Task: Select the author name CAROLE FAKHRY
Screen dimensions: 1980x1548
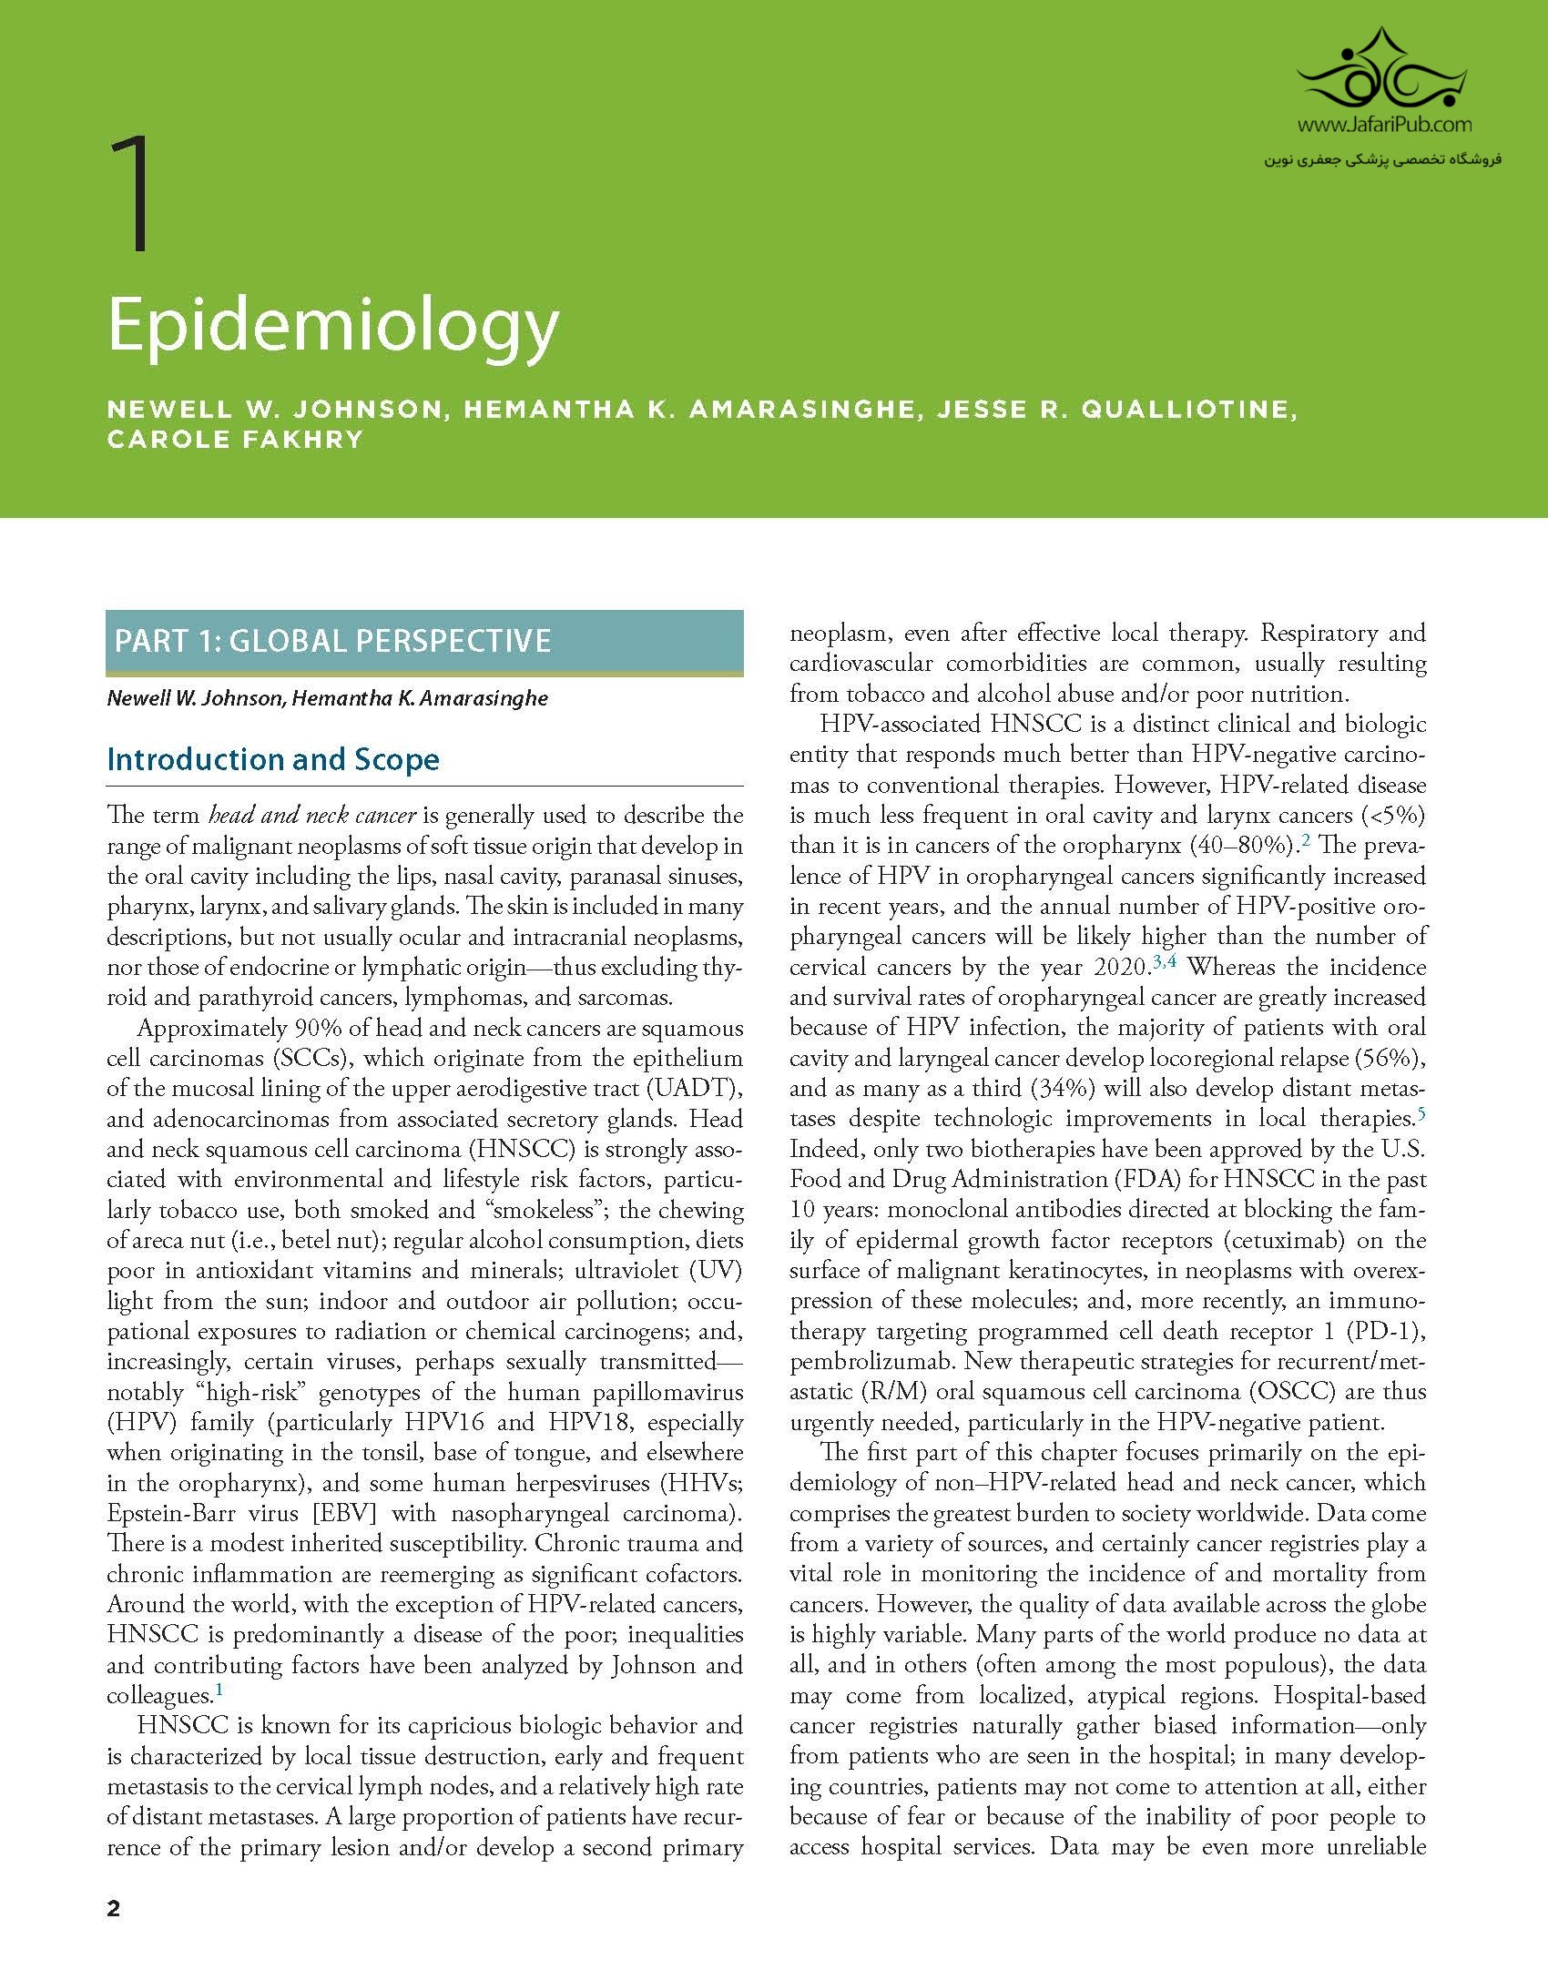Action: coord(235,439)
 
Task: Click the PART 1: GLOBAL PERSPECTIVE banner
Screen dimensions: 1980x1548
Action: coord(424,641)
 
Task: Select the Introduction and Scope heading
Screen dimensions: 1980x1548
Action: coord(273,759)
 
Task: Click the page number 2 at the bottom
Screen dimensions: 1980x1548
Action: coord(113,1909)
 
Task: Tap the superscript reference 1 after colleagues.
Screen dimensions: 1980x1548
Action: coord(219,1691)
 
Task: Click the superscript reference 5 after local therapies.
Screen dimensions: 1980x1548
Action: coord(1421,1112)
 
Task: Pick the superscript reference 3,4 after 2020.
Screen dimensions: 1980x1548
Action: coord(1165,961)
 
